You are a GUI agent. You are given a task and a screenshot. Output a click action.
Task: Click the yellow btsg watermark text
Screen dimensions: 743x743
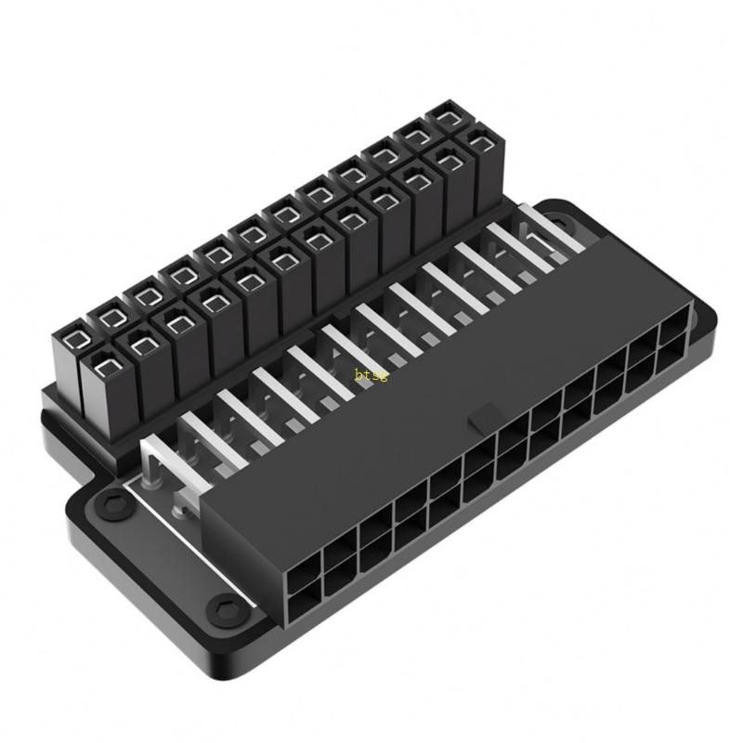(x=371, y=374)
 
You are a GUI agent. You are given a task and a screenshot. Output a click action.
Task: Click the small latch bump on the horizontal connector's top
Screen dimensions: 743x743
(x=482, y=419)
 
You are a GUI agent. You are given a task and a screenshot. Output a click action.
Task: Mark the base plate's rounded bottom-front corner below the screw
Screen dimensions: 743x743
(x=232, y=650)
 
